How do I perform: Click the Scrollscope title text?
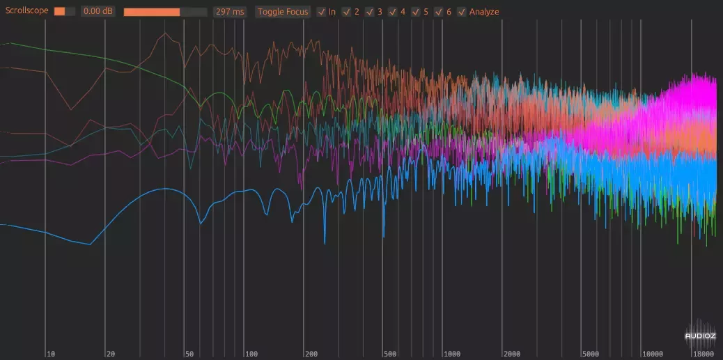point(27,11)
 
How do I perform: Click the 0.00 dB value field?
point(98,12)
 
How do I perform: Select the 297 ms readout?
point(230,12)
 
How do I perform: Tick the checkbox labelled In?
point(321,12)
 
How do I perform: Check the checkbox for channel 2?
point(346,12)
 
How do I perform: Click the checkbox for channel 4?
point(393,12)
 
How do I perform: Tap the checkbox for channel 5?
point(416,12)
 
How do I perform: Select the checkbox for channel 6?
point(439,12)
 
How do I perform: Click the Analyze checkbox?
point(462,12)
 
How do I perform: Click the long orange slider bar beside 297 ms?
point(165,12)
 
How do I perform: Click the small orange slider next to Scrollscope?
point(64,12)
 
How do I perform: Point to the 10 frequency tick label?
point(50,354)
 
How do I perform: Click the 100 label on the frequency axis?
point(251,354)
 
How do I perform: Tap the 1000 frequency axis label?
point(453,354)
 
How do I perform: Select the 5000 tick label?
point(591,354)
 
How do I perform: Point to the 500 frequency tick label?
point(390,354)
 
